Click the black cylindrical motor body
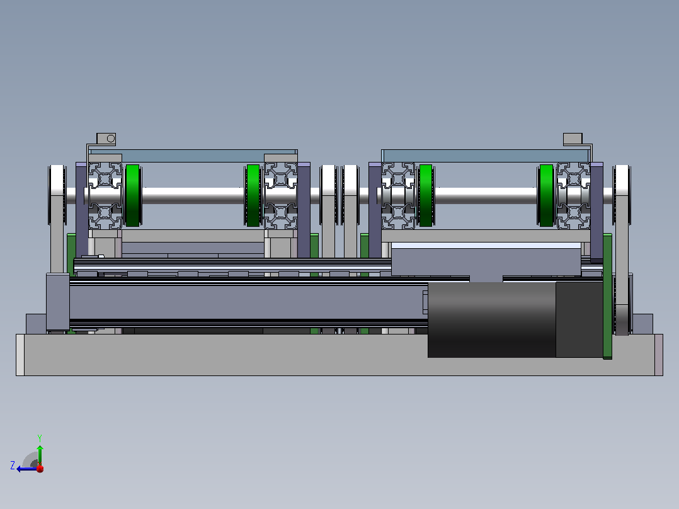click(491, 319)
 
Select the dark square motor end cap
click(579, 319)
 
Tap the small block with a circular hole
click(106, 139)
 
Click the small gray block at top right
click(573, 139)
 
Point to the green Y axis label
click(40, 438)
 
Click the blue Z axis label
click(13, 466)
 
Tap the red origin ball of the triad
click(40, 468)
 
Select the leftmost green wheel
click(132, 195)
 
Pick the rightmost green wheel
click(546, 195)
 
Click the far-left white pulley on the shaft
click(57, 195)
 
